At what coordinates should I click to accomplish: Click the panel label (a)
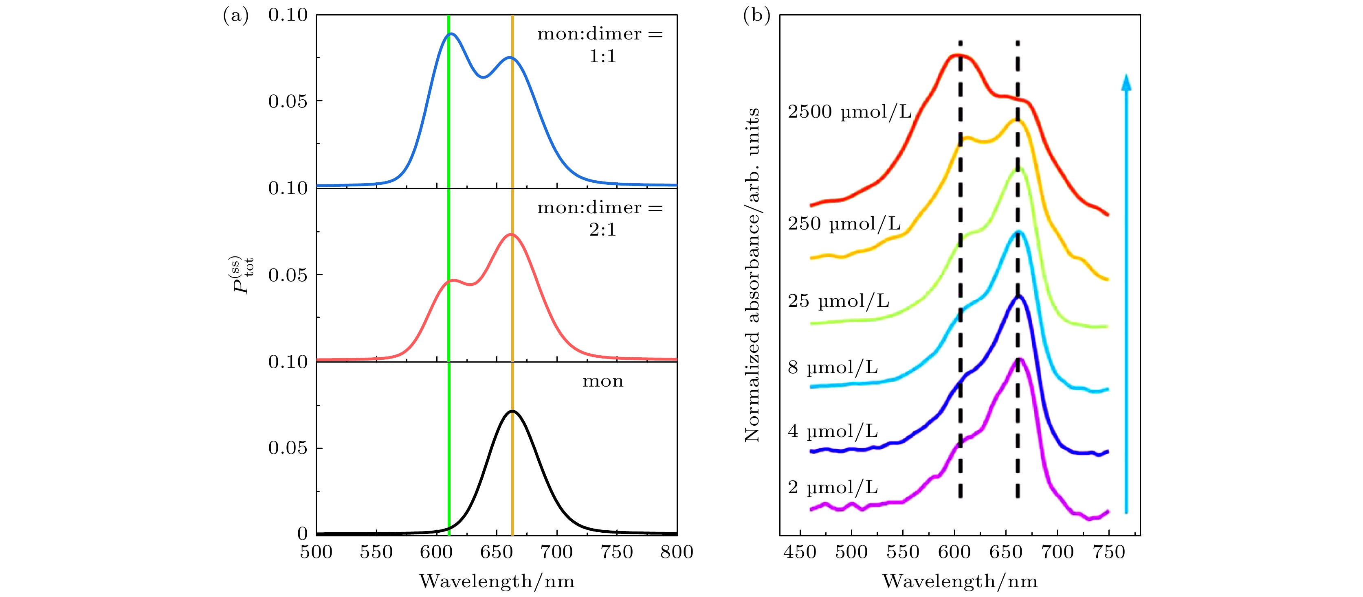235,16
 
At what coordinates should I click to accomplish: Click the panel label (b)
756,16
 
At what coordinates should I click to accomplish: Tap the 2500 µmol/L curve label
849,112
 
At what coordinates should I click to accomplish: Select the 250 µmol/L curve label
844,224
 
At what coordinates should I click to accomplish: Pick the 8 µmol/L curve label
832,367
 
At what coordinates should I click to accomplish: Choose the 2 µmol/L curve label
832,488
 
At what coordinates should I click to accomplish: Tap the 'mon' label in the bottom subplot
602,381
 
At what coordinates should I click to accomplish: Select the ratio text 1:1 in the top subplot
602,57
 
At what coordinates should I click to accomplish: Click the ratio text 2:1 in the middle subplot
602,230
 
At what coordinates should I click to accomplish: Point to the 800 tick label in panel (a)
677,553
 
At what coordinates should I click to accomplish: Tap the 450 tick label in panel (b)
800,553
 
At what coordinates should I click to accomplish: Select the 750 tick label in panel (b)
1108,553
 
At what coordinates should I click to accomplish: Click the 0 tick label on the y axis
302,534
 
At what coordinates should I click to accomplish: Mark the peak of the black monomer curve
512,411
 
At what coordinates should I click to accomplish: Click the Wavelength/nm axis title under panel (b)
960,581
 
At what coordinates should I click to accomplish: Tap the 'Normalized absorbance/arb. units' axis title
752,275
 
